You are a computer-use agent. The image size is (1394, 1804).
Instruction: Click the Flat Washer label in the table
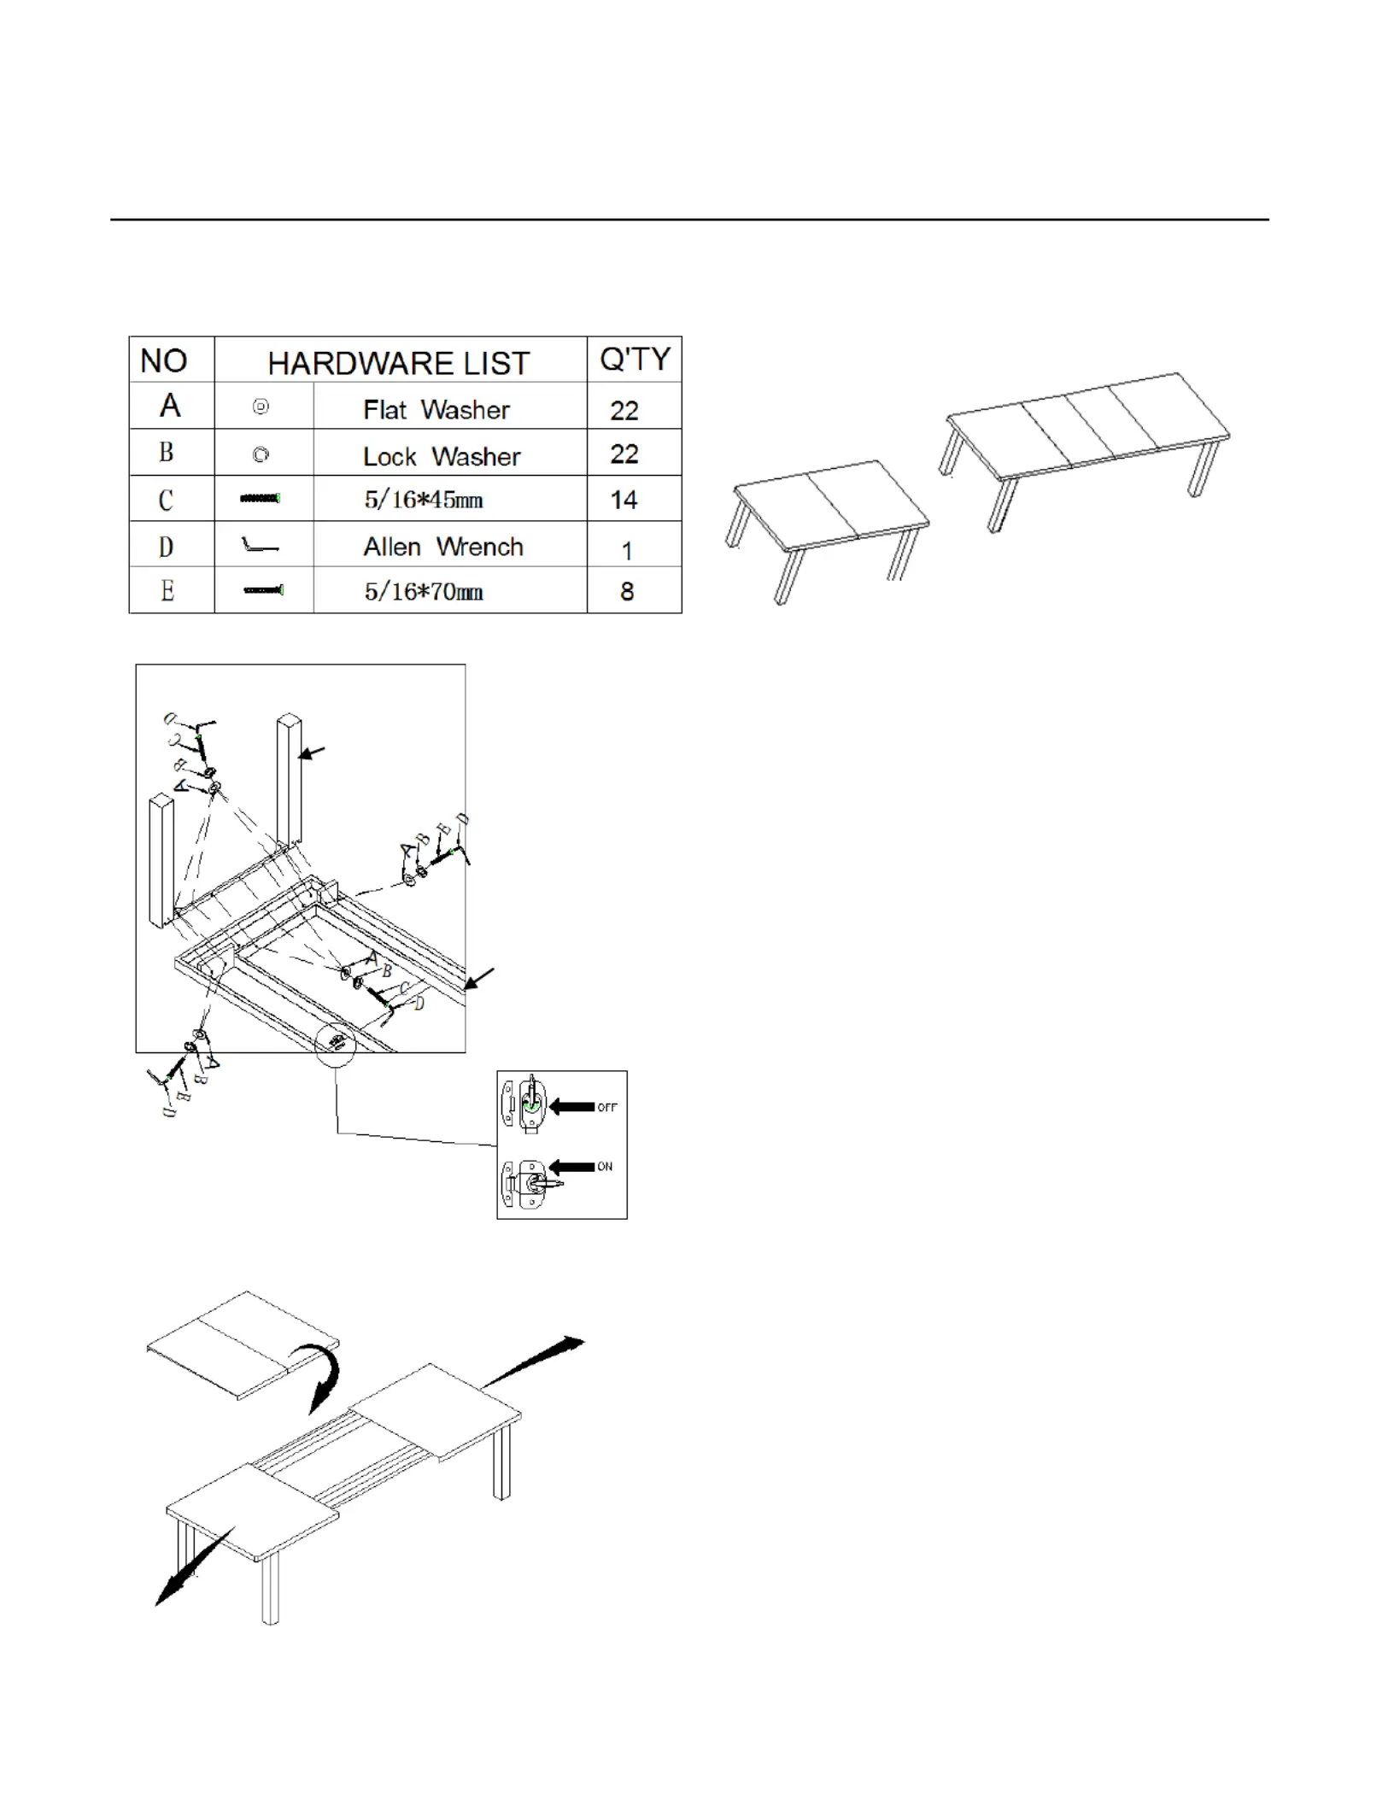click(436, 410)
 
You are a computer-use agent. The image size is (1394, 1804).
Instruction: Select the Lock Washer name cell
click(442, 457)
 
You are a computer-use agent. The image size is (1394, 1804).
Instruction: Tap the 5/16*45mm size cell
click(424, 500)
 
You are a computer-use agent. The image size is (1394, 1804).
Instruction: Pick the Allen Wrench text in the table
click(443, 547)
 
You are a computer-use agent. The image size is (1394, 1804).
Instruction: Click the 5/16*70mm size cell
click(424, 591)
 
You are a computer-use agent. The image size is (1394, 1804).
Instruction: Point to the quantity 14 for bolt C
click(624, 500)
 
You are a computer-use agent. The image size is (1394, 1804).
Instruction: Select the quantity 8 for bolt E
click(627, 591)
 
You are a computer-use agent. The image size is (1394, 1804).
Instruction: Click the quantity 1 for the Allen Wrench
click(627, 551)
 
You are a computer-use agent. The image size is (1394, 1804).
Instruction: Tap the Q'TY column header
click(635, 360)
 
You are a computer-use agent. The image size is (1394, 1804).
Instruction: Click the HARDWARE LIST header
click(399, 364)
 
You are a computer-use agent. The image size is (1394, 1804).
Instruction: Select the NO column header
click(163, 361)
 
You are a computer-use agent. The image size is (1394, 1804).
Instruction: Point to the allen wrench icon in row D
click(260, 545)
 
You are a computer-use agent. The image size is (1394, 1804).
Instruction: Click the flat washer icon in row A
click(261, 407)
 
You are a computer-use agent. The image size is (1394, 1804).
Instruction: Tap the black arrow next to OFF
click(571, 1106)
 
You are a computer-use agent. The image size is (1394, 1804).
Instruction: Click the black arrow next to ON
click(571, 1166)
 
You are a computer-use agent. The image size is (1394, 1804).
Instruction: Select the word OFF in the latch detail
click(606, 1107)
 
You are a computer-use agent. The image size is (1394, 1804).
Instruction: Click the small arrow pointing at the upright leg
click(313, 753)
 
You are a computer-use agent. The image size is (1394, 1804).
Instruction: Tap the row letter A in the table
click(170, 405)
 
